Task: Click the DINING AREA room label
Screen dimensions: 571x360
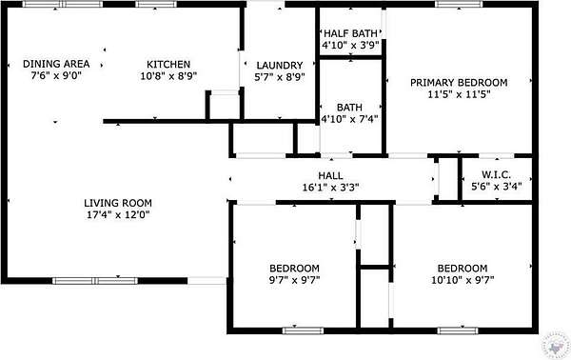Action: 56,64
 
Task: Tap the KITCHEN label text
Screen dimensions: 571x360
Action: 168,64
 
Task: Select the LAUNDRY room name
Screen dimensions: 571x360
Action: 280,65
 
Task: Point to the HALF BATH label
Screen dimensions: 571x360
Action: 350,33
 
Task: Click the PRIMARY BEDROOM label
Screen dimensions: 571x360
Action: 459,82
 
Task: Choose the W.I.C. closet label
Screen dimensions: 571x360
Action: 497,174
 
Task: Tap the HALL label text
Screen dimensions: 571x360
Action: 330,175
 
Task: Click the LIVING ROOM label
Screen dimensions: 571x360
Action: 118,203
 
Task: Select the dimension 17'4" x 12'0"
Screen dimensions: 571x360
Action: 118,214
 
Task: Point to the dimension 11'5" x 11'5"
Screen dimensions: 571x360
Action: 459,94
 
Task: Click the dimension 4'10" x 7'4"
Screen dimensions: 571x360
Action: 349,119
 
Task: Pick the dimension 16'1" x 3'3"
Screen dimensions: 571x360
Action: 330,188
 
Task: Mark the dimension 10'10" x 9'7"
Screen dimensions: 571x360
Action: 463,280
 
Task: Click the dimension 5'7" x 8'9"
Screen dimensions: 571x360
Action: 280,77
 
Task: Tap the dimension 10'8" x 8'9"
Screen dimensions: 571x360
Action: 168,76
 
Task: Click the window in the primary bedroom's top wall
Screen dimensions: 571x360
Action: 459,5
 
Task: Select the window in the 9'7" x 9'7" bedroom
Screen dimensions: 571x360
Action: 303,330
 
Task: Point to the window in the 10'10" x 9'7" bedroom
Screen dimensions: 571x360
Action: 458,330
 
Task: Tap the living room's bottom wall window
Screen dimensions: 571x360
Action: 95,281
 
